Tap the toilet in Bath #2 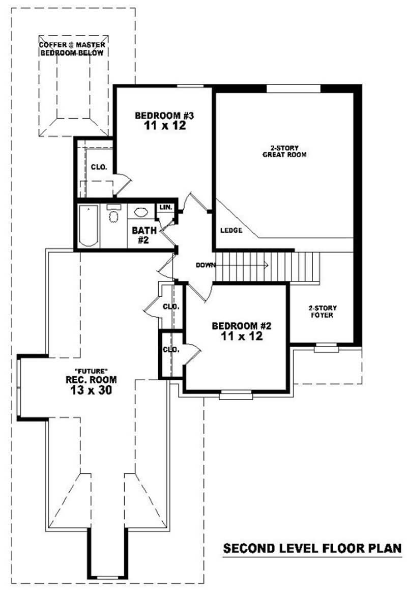coord(113,216)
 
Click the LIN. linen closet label coord(165,208)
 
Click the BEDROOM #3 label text coord(158,116)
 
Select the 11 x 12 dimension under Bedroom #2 coord(242,336)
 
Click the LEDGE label coord(231,231)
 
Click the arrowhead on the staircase coord(265,264)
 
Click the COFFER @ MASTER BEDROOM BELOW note coord(73,49)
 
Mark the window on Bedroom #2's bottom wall coord(236,393)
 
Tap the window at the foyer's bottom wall coord(326,348)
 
